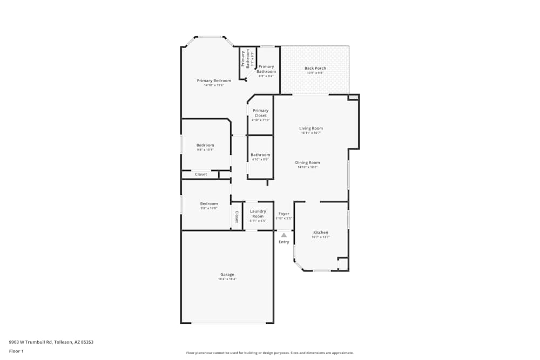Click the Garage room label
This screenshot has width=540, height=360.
point(227,274)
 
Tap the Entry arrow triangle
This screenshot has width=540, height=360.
point(283,235)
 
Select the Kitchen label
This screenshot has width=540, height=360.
point(321,232)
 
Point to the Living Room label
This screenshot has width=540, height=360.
point(311,128)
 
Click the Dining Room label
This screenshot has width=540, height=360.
point(307,162)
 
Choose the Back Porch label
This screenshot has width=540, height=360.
point(315,68)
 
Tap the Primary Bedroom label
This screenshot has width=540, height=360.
point(214,80)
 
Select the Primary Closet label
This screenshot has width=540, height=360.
point(260,113)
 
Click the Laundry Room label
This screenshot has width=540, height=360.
point(258,213)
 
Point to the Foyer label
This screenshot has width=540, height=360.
point(283,214)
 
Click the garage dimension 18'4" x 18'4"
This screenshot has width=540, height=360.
point(227,279)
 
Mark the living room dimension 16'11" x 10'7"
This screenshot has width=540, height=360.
point(311,133)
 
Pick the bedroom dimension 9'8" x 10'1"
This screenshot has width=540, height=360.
point(205,150)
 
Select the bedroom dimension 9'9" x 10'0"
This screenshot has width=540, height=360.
point(209,208)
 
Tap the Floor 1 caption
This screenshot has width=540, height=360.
point(16,351)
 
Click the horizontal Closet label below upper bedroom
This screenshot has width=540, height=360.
point(201,174)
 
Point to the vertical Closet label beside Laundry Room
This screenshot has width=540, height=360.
point(237,216)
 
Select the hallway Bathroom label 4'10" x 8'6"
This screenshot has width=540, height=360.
point(260,155)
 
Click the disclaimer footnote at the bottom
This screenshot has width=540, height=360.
point(270,353)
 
